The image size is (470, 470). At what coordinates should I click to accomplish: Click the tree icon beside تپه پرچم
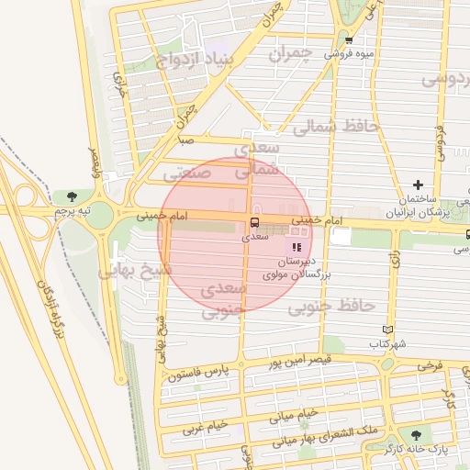(72, 196)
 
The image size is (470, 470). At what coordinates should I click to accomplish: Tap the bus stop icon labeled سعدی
(254, 222)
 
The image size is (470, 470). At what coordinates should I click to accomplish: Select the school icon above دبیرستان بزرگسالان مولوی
(296, 247)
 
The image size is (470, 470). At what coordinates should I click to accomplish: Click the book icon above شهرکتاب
(387, 330)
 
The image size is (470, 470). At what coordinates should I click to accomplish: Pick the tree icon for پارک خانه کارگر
(418, 435)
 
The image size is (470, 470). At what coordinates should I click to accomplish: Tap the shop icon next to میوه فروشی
(349, 39)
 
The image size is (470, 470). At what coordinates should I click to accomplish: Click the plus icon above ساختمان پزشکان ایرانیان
(418, 185)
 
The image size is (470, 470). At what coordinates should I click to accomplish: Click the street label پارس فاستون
(196, 373)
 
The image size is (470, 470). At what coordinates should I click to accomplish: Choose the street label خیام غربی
(204, 427)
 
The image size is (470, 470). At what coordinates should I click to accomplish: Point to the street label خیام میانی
(293, 416)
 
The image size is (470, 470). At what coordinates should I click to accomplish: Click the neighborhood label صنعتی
(187, 172)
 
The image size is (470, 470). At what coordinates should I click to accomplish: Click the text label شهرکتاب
(387, 343)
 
